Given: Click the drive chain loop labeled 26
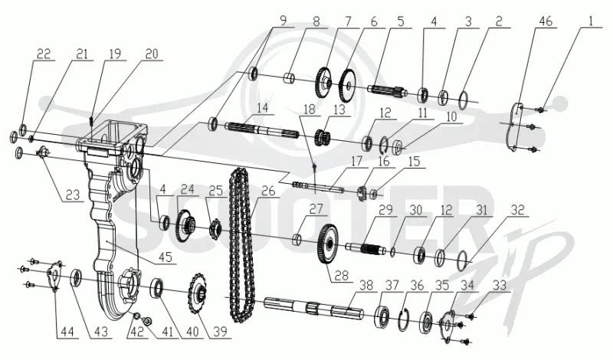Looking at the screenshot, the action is click(x=241, y=244).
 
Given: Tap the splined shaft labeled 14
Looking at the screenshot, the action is click(x=262, y=130).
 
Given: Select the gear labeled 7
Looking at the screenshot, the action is click(x=323, y=82).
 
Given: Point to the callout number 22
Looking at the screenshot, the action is click(x=44, y=54).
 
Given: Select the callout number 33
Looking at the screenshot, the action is click(x=500, y=285).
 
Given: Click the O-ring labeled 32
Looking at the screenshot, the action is click(x=463, y=259).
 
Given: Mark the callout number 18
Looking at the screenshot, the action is click(x=309, y=109).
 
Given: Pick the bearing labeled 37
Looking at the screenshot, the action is click(x=382, y=311).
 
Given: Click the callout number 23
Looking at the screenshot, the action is click(x=73, y=195).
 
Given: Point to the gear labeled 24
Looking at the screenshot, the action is click(x=185, y=226).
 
